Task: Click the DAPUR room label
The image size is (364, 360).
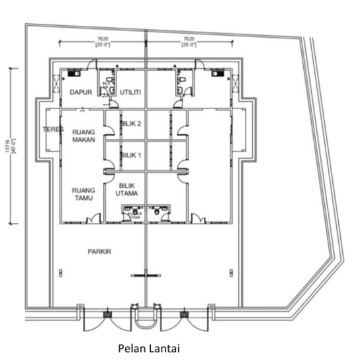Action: [x=80, y=93]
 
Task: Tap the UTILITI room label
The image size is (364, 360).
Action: [x=129, y=93]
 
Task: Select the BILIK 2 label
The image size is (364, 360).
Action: [x=130, y=124]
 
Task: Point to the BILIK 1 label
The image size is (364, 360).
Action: [x=130, y=154]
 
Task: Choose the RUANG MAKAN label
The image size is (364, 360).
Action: [x=85, y=136]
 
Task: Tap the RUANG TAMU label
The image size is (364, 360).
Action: [x=85, y=194]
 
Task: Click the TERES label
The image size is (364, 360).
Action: [x=52, y=130]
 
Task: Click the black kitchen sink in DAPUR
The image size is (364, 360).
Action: [x=77, y=73]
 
